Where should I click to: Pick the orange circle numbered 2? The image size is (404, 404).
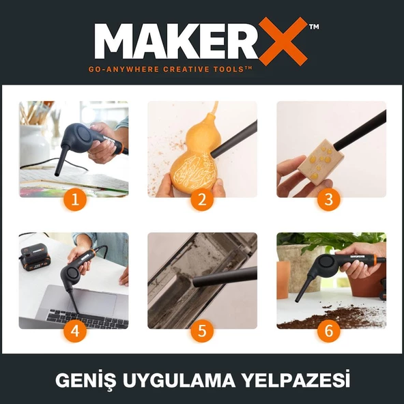point(202,200)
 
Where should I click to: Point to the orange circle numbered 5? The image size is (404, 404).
point(202,331)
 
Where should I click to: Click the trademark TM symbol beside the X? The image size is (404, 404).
point(314,27)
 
